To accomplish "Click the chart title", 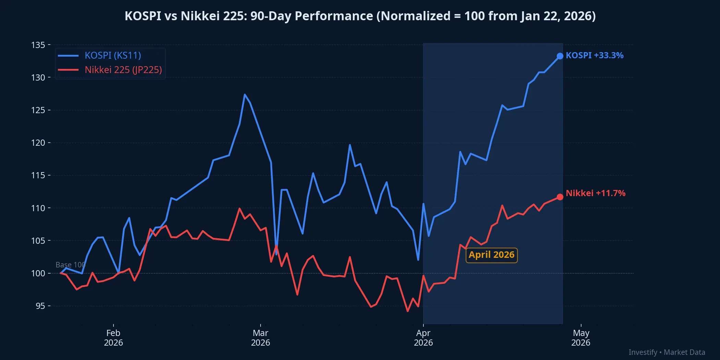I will point(360,16).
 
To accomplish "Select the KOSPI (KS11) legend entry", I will point(113,56).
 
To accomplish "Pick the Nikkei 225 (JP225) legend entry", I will point(123,70).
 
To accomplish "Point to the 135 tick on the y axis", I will point(38,45).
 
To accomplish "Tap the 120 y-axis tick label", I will point(38,143).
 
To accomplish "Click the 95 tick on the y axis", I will point(40,306).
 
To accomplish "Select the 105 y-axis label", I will point(38,241).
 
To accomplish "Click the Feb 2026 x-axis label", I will point(113,338).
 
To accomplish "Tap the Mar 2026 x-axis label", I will point(261,338).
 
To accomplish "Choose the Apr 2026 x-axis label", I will point(423,338).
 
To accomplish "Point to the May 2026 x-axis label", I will point(581,338).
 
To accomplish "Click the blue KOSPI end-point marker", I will point(560,56).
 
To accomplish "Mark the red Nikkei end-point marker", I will point(560,197).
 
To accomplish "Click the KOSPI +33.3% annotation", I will point(595,56).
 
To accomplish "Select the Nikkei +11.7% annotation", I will point(596,193).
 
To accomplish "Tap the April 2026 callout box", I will point(492,255).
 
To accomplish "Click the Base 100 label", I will point(70,265).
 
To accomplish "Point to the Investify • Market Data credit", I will point(667,352).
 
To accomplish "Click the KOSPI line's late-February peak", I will point(245,94).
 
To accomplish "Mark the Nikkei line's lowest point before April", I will point(408,311).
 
